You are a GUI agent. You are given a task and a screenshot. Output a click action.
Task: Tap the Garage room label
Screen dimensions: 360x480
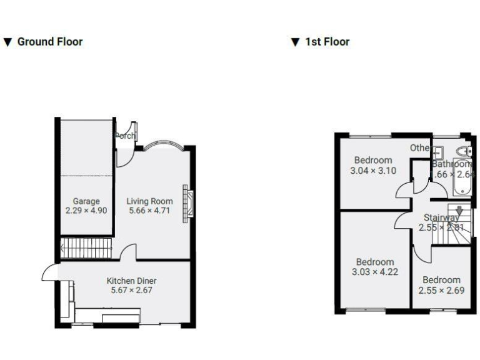click(x=86, y=201)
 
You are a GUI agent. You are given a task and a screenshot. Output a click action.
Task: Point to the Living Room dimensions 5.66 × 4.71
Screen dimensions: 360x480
click(x=149, y=211)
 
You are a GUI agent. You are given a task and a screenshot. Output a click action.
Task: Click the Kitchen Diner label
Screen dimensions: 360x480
click(x=131, y=281)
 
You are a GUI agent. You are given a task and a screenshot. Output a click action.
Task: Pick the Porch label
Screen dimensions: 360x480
click(x=125, y=135)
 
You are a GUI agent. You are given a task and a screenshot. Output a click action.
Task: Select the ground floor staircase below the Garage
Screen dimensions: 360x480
click(x=86, y=247)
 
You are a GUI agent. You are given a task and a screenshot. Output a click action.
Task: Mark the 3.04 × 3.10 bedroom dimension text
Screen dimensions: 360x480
click(x=373, y=171)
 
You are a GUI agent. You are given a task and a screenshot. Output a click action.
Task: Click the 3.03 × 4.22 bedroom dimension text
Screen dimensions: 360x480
click(x=375, y=272)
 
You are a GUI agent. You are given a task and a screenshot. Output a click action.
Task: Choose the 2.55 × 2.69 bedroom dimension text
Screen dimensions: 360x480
click(x=441, y=290)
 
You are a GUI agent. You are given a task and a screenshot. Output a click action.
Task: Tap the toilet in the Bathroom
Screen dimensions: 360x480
click(x=464, y=152)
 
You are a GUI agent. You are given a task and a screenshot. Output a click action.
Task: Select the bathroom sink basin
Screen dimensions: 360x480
click(x=438, y=152)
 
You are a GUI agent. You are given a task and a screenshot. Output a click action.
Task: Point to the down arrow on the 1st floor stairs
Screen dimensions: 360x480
click(x=459, y=211)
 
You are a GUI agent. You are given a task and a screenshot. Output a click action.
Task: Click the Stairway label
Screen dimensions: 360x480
click(x=441, y=217)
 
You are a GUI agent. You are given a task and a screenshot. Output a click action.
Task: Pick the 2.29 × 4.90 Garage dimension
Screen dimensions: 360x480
click(x=86, y=211)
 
